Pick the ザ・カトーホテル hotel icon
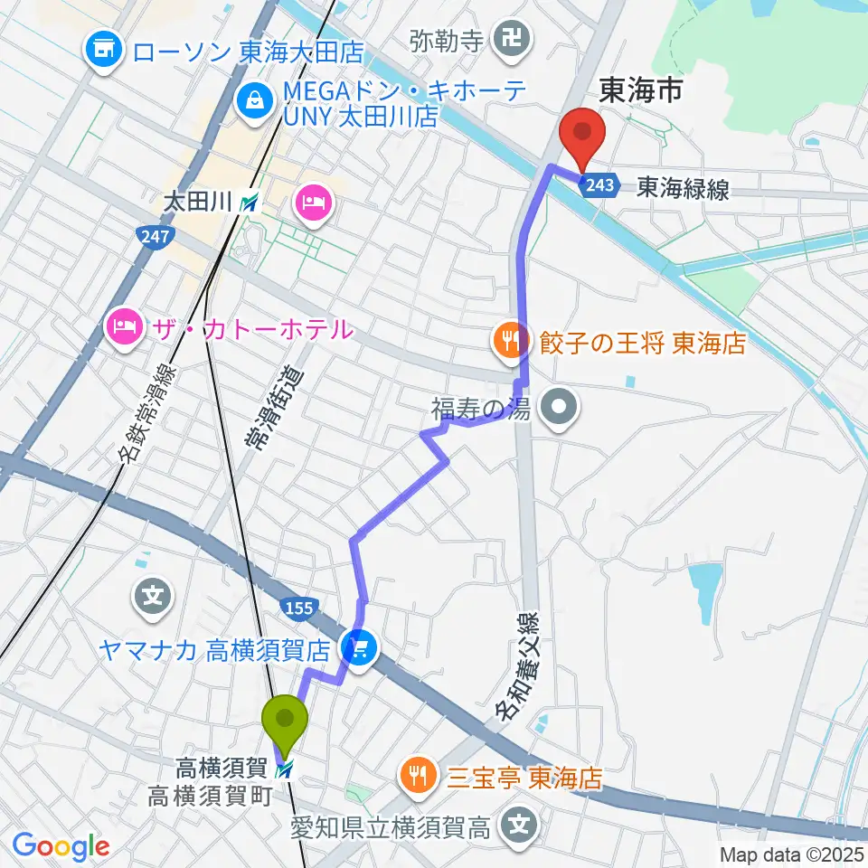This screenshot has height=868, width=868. point(124,326)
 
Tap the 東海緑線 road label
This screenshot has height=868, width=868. point(684,187)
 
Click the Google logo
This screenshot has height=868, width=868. point(61,846)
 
